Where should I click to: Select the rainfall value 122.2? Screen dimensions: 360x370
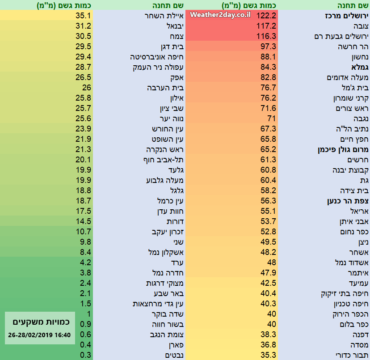(268, 16)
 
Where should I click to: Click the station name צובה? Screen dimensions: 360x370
(360, 26)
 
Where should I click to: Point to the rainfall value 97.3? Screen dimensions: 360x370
(268, 47)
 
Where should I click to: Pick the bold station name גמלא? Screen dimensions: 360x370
(357, 67)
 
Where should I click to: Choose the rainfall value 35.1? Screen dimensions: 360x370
(84, 16)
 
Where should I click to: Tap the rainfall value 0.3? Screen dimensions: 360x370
(86, 355)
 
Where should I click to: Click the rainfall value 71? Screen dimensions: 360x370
(271, 119)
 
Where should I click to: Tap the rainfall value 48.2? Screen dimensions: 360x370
(268, 252)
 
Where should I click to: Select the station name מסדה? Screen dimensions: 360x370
(359, 345)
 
